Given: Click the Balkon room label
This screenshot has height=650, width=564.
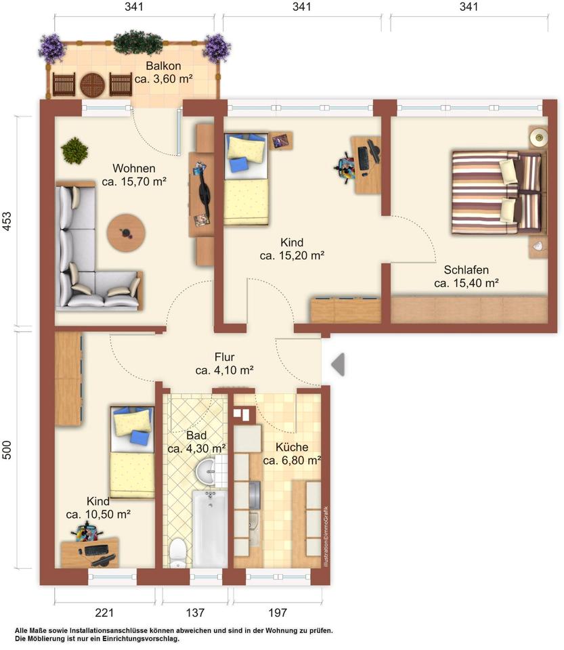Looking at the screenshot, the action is click(x=163, y=66).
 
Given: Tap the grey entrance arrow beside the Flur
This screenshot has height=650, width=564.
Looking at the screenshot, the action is click(x=338, y=364).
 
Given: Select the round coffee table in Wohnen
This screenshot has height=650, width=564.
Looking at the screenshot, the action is click(x=126, y=232).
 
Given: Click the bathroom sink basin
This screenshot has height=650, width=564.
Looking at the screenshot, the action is click(x=206, y=471).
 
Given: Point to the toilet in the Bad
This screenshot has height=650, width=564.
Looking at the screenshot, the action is click(x=178, y=552).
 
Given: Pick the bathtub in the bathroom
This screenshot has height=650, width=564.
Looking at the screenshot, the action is click(x=210, y=529).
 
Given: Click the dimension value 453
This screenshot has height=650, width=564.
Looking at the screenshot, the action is click(x=7, y=221).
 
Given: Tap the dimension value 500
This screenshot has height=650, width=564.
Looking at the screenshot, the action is click(x=7, y=450).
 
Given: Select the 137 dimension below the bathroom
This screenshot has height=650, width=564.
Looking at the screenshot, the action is click(x=195, y=612).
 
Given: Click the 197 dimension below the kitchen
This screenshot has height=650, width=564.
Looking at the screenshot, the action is click(x=277, y=612).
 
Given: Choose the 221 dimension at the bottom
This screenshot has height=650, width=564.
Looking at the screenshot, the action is click(x=104, y=612).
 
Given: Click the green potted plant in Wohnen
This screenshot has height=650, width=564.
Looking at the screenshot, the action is click(x=74, y=150).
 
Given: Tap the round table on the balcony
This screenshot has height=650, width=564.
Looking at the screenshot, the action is click(x=92, y=85).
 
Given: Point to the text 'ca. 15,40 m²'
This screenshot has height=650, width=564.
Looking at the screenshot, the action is click(x=467, y=283).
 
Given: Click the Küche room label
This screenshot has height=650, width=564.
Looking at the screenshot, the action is click(x=292, y=448).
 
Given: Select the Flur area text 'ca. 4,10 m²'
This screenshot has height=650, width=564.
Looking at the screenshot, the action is click(x=224, y=370).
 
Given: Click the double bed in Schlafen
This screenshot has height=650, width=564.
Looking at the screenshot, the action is click(x=498, y=192).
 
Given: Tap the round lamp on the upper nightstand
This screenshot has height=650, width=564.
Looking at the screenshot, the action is click(x=539, y=136).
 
